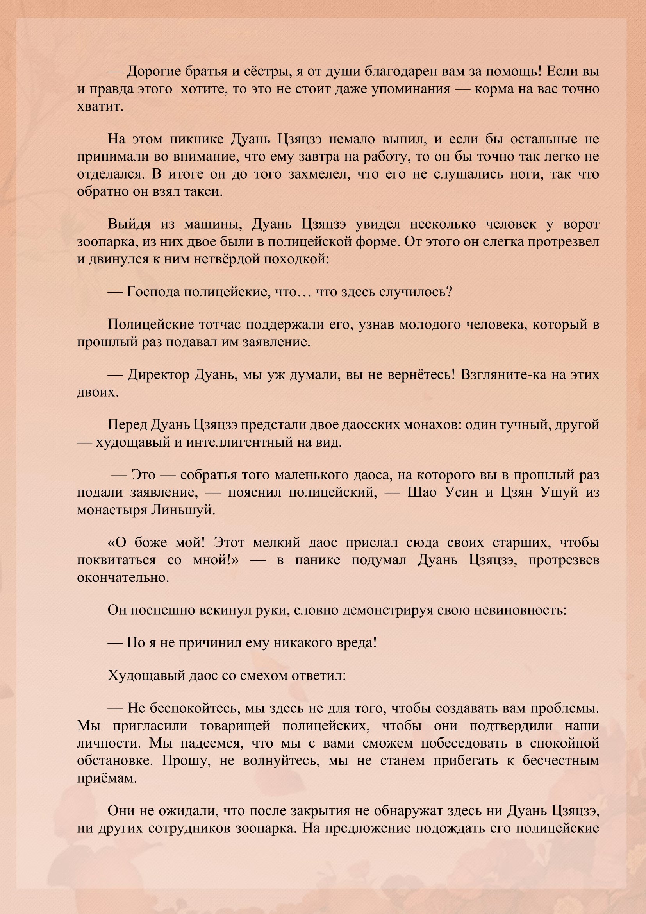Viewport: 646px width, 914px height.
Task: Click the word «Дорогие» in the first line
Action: [153, 72]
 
